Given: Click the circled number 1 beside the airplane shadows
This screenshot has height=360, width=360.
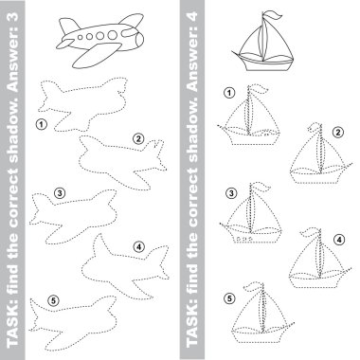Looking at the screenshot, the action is coord(42,124).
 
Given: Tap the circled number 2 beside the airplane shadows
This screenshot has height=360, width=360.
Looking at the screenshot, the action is coord(138,138).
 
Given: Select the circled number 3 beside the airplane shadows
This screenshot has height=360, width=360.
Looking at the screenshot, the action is coord(60,192).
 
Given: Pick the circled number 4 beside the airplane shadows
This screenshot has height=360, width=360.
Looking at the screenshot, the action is coord(139,246).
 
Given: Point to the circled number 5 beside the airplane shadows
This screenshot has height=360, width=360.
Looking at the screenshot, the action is coord(54,301).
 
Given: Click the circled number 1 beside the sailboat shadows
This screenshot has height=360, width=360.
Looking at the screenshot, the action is coord(229,93).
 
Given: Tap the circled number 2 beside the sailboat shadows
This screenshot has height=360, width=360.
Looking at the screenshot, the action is coord(338,132).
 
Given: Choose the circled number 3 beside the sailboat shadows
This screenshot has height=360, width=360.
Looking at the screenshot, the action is coord(232,193).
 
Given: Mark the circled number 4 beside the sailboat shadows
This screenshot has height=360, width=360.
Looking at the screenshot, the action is coord(339,240).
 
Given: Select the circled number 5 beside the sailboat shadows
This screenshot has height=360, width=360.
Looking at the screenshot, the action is coord(229,298).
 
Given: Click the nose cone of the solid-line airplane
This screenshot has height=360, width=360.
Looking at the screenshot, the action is coord(139,41).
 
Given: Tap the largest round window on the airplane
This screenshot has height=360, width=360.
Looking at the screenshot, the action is coord(112,34).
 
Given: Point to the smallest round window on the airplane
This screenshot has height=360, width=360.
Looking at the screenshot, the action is coord(81,38).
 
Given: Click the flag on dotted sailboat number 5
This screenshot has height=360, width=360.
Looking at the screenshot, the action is coord(253,287).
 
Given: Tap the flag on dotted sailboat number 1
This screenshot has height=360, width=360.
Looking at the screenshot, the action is coord(260,89).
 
